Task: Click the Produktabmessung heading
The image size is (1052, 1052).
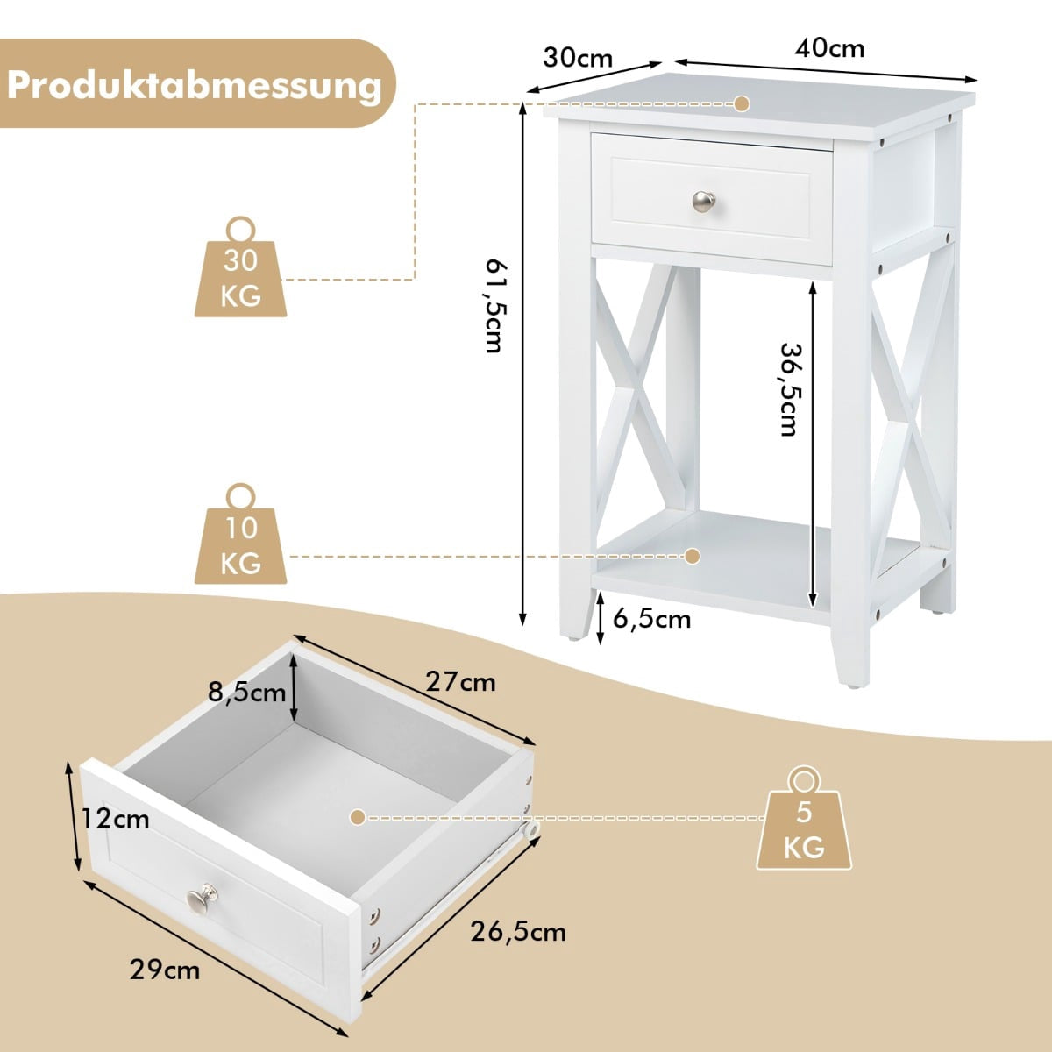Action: [x=195, y=86]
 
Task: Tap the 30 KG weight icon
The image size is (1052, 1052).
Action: [x=241, y=267]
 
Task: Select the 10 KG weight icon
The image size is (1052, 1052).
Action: [x=241, y=534]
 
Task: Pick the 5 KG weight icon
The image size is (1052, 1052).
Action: [x=804, y=817]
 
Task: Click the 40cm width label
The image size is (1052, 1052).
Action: [x=829, y=48]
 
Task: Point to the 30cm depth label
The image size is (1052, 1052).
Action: [x=578, y=58]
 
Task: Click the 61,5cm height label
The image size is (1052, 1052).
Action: [x=497, y=306]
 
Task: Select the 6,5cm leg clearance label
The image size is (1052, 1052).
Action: [x=652, y=619]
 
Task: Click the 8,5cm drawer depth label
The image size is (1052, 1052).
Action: [x=246, y=693]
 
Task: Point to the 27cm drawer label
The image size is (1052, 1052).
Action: [x=461, y=682]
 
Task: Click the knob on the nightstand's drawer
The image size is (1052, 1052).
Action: [x=704, y=202]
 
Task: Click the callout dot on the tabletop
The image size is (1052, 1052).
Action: [x=742, y=103]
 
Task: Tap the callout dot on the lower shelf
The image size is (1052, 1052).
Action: [x=693, y=557]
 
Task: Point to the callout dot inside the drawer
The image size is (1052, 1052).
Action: [x=358, y=817]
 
